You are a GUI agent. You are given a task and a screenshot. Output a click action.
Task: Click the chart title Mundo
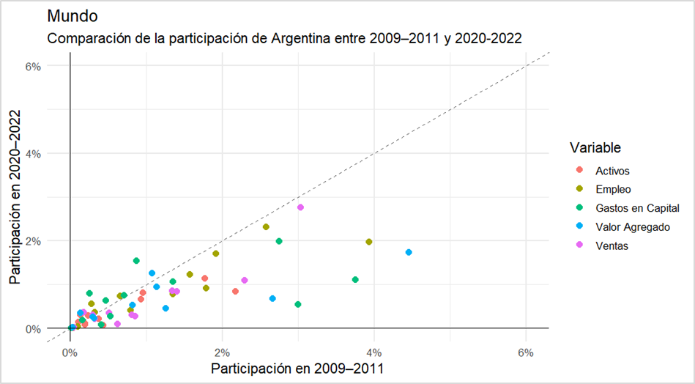pyautogui.click(x=71, y=15)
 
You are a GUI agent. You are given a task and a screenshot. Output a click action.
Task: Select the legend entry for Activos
pyautogui.click(x=612, y=171)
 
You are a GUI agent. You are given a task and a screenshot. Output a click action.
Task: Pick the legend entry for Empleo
pyautogui.click(x=612, y=190)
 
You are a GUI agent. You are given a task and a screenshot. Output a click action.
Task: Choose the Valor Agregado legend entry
pyautogui.click(x=633, y=227)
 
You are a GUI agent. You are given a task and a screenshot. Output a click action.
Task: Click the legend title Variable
pyautogui.click(x=595, y=148)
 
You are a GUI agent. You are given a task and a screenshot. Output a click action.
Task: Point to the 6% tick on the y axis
pyautogui.click(x=33, y=66)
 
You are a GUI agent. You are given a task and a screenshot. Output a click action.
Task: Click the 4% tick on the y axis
pyautogui.click(x=33, y=153)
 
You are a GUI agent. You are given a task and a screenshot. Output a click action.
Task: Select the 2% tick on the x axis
pyautogui.click(x=222, y=343)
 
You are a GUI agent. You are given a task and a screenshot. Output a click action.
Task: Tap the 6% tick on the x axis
pyautogui.click(x=525, y=343)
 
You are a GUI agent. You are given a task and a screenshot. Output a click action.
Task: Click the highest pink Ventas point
pyautogui.click(x=300, y=207)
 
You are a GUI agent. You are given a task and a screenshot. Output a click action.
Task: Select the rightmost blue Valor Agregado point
pyautogui.click(x=409, y=252)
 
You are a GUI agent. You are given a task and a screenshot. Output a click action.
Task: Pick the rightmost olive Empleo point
pyautogui.click(x=369, y=242)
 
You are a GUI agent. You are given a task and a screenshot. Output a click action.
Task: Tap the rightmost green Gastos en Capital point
pyautogui.click(x=355, y=279)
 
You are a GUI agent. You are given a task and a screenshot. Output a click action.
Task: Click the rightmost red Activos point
pyautogui.click(x=235, y=291)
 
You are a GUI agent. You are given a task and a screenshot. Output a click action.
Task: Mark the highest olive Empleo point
pyautogui.click(x=266, y=226)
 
